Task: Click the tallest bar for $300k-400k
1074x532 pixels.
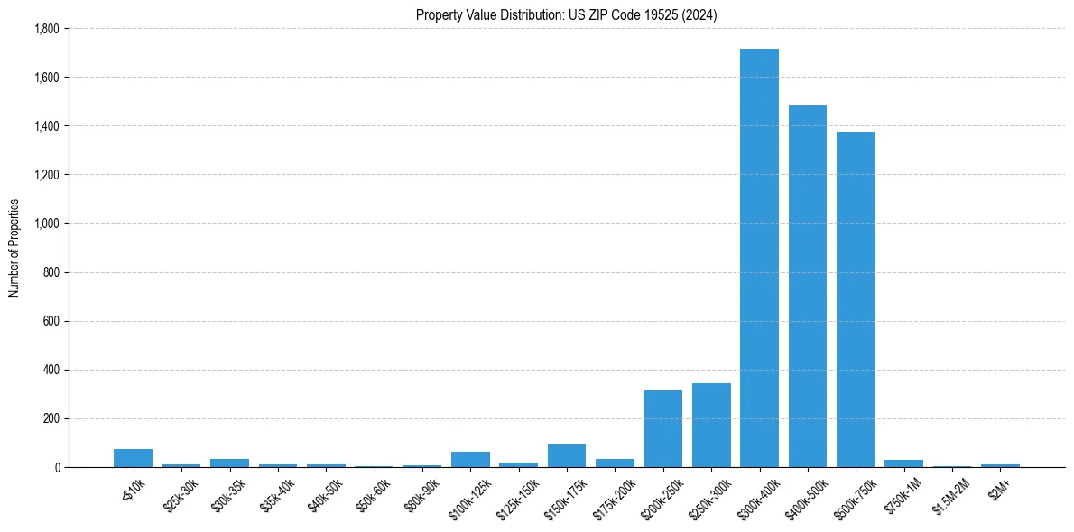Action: [759, 258]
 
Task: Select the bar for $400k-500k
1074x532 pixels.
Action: [807, 287]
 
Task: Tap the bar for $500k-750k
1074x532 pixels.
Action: [856, 299]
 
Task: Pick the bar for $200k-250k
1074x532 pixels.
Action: [663, 429]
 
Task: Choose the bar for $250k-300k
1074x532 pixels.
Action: [711, 426]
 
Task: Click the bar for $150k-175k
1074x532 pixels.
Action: [567, 456]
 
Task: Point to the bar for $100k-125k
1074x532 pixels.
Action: [470, 460]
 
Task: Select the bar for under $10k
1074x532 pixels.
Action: [134, 458]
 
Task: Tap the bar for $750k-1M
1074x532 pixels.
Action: [903, 463]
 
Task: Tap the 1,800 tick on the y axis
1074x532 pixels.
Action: [46, 29]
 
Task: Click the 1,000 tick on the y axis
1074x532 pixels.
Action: [46, 224]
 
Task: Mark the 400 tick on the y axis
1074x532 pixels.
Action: [51, 370]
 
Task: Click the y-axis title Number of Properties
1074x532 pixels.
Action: [14, 248]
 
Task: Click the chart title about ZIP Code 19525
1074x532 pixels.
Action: [567, 14]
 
